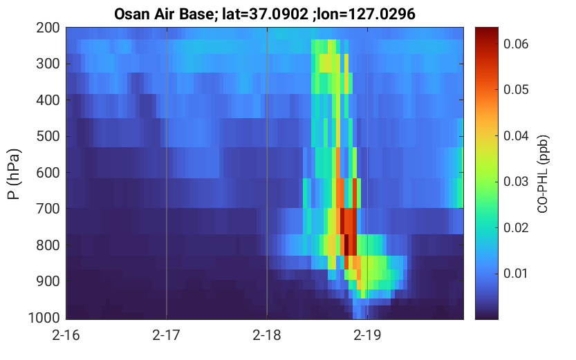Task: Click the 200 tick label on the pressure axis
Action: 48,28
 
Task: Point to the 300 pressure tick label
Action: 48,64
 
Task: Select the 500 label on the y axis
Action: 48,137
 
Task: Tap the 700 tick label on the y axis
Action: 48,209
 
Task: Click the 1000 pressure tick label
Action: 44,318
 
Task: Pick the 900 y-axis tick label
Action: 48,281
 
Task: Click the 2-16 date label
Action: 66,335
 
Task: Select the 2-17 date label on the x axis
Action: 167,335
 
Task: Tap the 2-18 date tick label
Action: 267,335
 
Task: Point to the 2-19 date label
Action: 367,335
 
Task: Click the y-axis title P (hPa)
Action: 14,174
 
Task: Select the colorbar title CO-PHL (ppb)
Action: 543,174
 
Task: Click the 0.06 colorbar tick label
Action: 516,44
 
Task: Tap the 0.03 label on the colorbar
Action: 516,182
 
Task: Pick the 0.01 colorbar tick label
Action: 516,274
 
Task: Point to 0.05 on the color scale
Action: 516,90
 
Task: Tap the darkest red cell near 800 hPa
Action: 346,245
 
